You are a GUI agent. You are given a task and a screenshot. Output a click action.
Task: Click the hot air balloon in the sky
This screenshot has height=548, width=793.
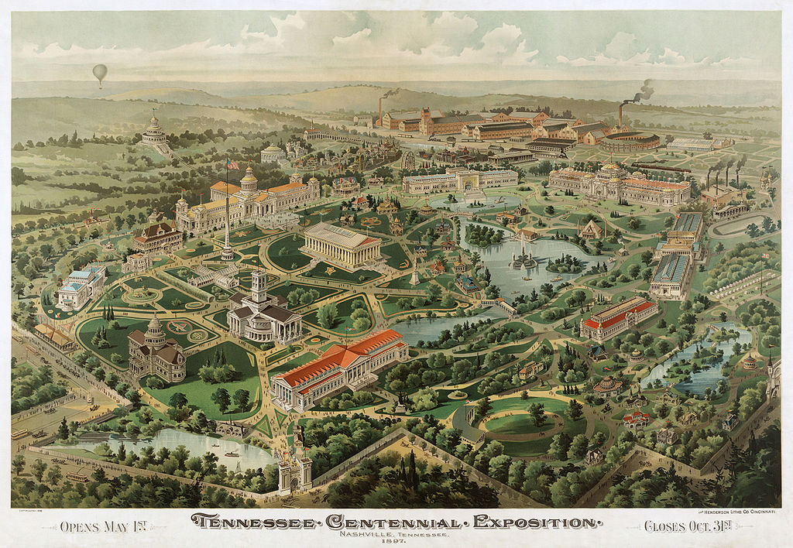point(100,74)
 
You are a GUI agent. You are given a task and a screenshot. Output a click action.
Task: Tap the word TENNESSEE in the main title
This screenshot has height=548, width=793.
point(249,522)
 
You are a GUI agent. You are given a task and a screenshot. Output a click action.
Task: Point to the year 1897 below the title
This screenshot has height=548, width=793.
point(396,541)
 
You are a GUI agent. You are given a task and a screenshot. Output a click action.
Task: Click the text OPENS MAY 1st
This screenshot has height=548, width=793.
point(105,526)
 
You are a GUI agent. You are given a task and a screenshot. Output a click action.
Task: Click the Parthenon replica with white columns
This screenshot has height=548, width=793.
point(341,244)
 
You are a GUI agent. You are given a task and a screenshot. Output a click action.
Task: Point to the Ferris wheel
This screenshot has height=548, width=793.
point(409,160)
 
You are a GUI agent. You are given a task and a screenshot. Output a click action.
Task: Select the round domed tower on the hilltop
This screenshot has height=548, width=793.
point(154,128)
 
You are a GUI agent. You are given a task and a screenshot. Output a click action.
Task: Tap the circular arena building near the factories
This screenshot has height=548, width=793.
point(630,142)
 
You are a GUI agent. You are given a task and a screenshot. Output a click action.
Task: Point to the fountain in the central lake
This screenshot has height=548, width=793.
point(524,259)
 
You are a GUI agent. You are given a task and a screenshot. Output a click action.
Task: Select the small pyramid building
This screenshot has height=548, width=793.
point(592,228)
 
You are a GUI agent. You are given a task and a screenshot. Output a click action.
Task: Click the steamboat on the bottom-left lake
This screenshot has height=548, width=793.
point(231,454)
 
